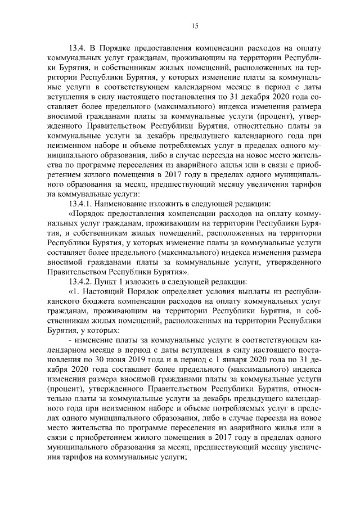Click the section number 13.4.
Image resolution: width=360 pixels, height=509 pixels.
(x=78, y=48)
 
